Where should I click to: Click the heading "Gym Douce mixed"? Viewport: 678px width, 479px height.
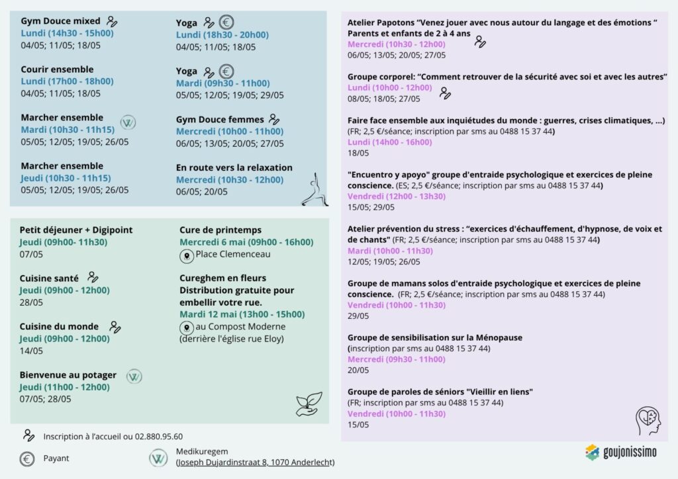pyautogui.click(x=60, y=21)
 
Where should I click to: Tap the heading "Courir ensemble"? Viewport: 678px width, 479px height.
pyautogui.click(x=57, y=69)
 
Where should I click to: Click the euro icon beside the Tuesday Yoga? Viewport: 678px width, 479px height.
pyautogui.click(x=226, y=71)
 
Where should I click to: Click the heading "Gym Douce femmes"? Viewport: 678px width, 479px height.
pyautogui.click(x=220, y=120)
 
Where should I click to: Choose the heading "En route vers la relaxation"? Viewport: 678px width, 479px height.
pyautogui.click(x=234, y=168)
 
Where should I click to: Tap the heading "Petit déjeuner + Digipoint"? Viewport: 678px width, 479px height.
pyautogui.click(x=76, y=230)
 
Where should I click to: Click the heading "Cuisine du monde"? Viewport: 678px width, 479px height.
pyautogui.click(x=59, y=326)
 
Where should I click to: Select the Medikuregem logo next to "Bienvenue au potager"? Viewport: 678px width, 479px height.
pyautogui.click(x=134, y=376)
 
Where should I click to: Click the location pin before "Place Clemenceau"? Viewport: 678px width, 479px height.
pyautogui.click(x=186, y=255)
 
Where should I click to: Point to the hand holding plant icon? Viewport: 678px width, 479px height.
pyautogui.click(x=309, y=403)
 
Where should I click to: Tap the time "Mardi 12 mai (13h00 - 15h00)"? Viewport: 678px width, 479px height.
pyautogui.click(x=242, y=314)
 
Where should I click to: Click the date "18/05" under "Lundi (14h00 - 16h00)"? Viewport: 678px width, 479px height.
pyautogui.click(x=358, y=153)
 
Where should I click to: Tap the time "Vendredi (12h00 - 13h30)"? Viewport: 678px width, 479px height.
pyautogui.click(x=396, y=196)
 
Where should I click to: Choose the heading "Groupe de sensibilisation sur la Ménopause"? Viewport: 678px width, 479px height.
pyautogui.click(x=435, y=337)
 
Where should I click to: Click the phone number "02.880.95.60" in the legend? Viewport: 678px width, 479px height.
pyautogui.click(x=158, y=437)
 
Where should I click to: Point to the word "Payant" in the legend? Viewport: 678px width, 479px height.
pyautogui.click(x=56, y=458)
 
